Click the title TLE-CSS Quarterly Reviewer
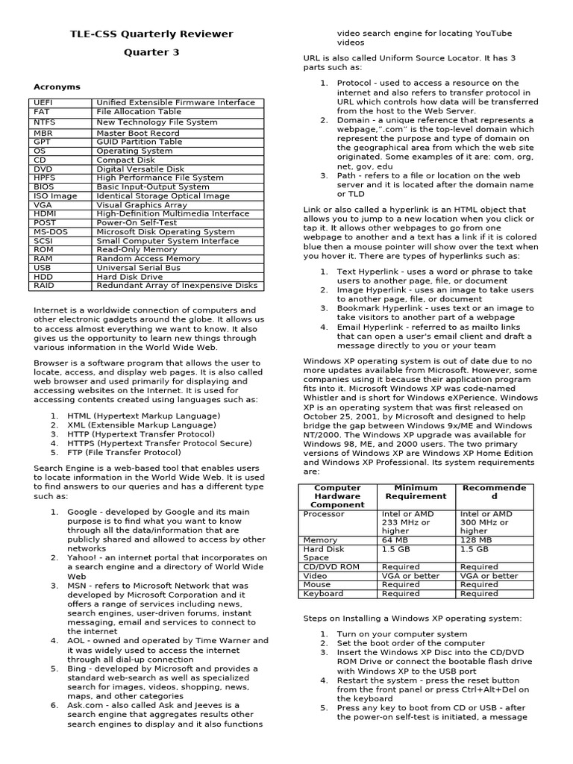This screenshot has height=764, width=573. [151, 34]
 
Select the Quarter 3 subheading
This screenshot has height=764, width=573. [151, 52]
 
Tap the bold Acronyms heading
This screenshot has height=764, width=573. [57, 87]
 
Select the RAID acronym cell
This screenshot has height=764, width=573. [44, 285]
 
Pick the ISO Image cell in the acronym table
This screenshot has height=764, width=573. [55, 195]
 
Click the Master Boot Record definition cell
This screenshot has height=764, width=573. [138, 133]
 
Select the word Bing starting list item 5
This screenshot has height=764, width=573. [78, 668]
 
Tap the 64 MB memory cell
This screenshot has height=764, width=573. [395, 539]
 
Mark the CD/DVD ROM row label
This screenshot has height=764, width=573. [331, 567]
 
